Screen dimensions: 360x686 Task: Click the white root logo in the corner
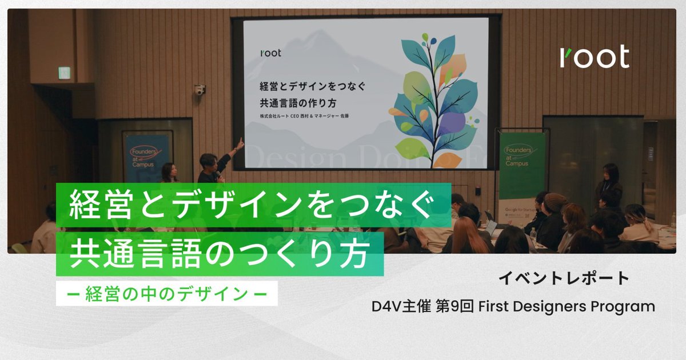click(595, 57)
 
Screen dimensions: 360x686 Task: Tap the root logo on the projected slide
click(270, 54)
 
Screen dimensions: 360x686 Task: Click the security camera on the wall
click(199, 90)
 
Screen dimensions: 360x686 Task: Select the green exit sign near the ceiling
click(64, 73)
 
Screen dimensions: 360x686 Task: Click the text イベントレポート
click(564, 278)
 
